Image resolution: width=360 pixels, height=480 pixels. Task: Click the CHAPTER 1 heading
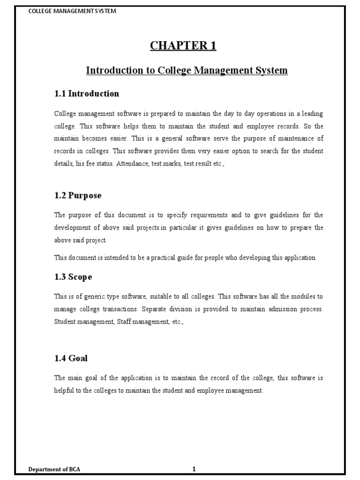183,45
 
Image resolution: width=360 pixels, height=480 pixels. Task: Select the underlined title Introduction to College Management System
187,70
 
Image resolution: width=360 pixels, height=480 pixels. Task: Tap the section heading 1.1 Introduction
87,94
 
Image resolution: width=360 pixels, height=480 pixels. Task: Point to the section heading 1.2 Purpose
78,195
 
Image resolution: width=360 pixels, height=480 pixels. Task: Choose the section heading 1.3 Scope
73,277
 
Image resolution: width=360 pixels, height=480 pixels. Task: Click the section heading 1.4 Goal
71,359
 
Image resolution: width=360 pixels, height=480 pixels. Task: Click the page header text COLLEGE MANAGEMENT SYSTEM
72,11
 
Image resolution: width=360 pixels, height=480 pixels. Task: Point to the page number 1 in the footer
194,469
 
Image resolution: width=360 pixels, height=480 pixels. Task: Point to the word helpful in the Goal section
64,391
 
